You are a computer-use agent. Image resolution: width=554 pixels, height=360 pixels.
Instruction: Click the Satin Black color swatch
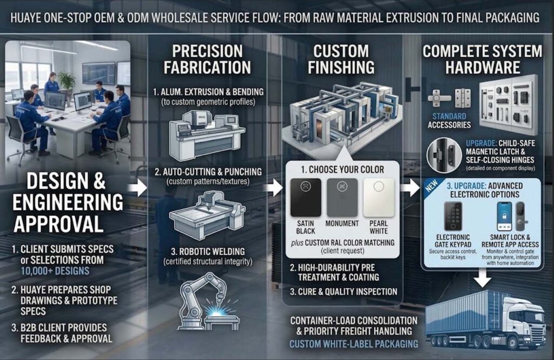pyautogui.click(x=306, y=198)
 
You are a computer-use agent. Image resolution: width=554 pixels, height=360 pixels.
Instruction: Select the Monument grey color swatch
pyautogui.click(x=342, y=198)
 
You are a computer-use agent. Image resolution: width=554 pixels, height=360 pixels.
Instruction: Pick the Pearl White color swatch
pyautogui.click(x=379, y=198)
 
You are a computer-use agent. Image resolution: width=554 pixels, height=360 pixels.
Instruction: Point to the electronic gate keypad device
pyautogui.click(x=453, y=216)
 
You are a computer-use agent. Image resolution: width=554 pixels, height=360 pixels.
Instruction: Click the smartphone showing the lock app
pyautogui.click(x=504, y=216)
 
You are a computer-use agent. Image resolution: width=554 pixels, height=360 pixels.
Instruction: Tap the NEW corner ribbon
pyautogui.click(x=432, y=185)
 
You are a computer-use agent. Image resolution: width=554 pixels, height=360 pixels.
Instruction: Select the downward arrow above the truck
pyautogui.click(x=482, y=277)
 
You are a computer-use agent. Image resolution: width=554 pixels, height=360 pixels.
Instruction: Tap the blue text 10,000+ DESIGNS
pyautogui.click(x=55, y=271)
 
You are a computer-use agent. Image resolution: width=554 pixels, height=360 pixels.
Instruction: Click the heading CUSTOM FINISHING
pyautogui.click(x=341, y=59)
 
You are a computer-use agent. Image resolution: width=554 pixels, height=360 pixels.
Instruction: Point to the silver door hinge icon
pyautogui.click(x=463, y=97)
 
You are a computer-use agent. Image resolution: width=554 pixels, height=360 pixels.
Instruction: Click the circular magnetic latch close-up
pyautogui.click(x=444, y=155)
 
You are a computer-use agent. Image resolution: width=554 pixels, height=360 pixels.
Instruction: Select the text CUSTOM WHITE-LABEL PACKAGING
pyautogui.click(x=354, y=344)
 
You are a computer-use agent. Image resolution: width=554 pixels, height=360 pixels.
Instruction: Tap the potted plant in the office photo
pyautogui.click(x=67, y=80)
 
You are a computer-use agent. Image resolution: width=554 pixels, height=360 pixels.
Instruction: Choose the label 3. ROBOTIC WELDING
pyautogui.click(x=208, y=252)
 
